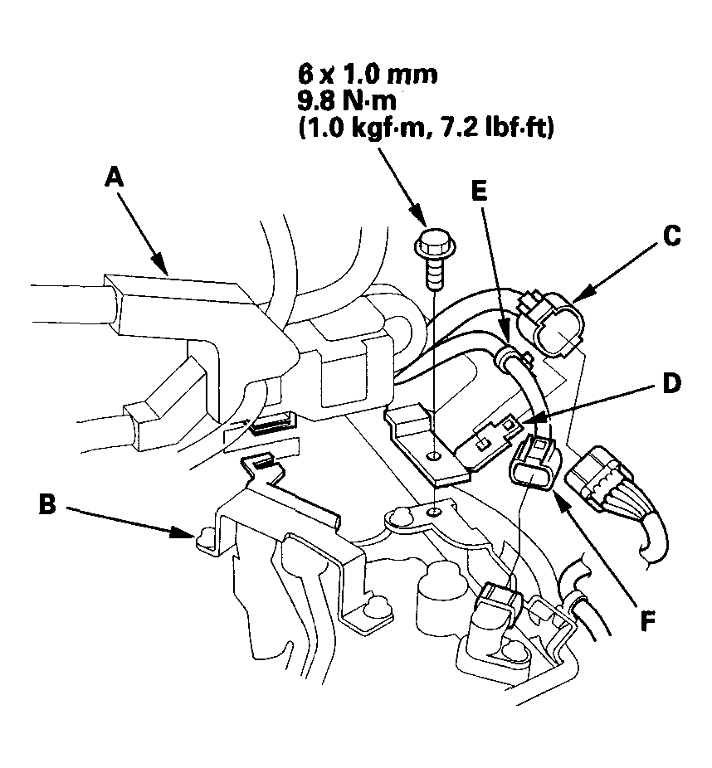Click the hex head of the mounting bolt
tap(432, 240)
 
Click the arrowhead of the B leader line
tap(189, 535)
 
